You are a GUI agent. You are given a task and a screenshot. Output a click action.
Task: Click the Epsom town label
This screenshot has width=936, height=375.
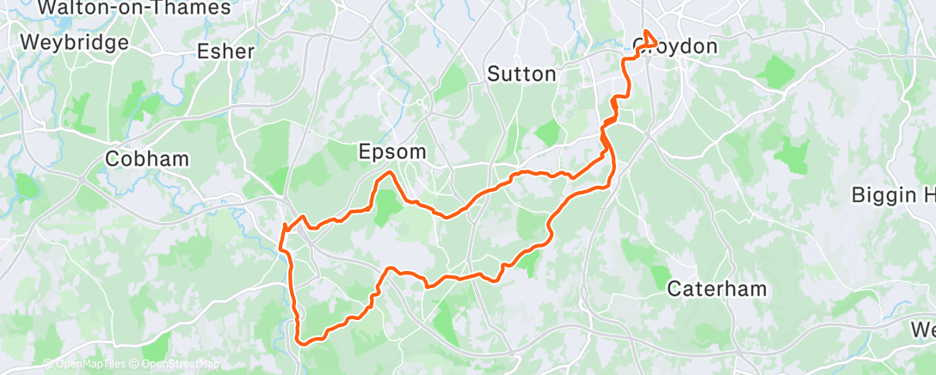391,153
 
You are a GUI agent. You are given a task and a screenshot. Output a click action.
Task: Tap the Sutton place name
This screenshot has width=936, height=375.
521,74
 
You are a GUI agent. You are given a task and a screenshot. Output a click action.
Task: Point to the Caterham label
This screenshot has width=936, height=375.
717,289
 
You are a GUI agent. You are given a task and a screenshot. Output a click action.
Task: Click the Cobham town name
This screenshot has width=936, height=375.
135,159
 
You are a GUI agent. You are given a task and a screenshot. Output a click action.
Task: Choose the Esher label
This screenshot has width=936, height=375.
225,52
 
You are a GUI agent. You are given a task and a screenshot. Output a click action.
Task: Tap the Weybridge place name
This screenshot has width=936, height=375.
74,42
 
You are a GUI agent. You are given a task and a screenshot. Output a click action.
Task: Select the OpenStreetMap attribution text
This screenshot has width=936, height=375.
178,364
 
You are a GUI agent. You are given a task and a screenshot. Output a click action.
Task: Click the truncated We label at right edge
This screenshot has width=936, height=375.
923,330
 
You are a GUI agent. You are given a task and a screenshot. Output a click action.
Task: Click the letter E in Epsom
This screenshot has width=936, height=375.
364,153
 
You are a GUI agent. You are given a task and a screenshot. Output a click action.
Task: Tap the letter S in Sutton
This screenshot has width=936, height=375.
494,74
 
